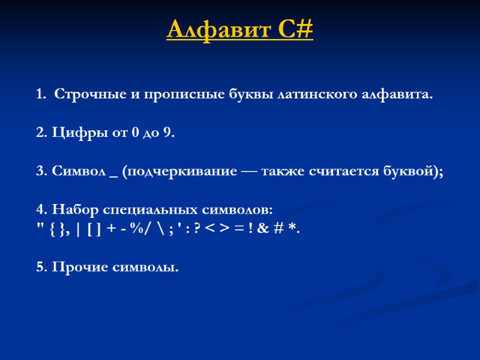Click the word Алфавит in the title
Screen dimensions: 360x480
212,29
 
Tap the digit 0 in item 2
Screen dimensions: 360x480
133,133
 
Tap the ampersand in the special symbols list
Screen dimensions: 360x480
264,229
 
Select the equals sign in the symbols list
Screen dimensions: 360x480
238,229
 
